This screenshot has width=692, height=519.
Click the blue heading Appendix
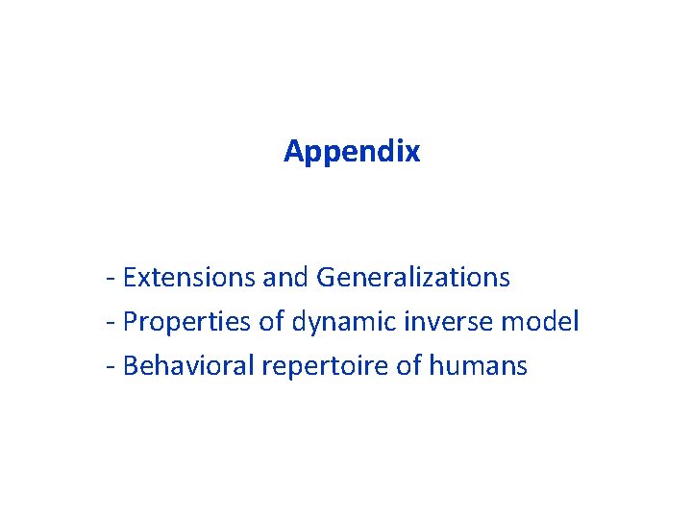coord(352,152)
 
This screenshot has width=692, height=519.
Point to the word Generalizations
coord(413,278)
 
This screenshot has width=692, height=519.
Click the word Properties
coord(187,322)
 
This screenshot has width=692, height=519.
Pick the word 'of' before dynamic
coord(271,322)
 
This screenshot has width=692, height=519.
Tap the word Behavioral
coord(187,366)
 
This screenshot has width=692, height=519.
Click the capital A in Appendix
coord(293,151)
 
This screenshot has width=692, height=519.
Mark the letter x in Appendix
coord(412,153)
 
